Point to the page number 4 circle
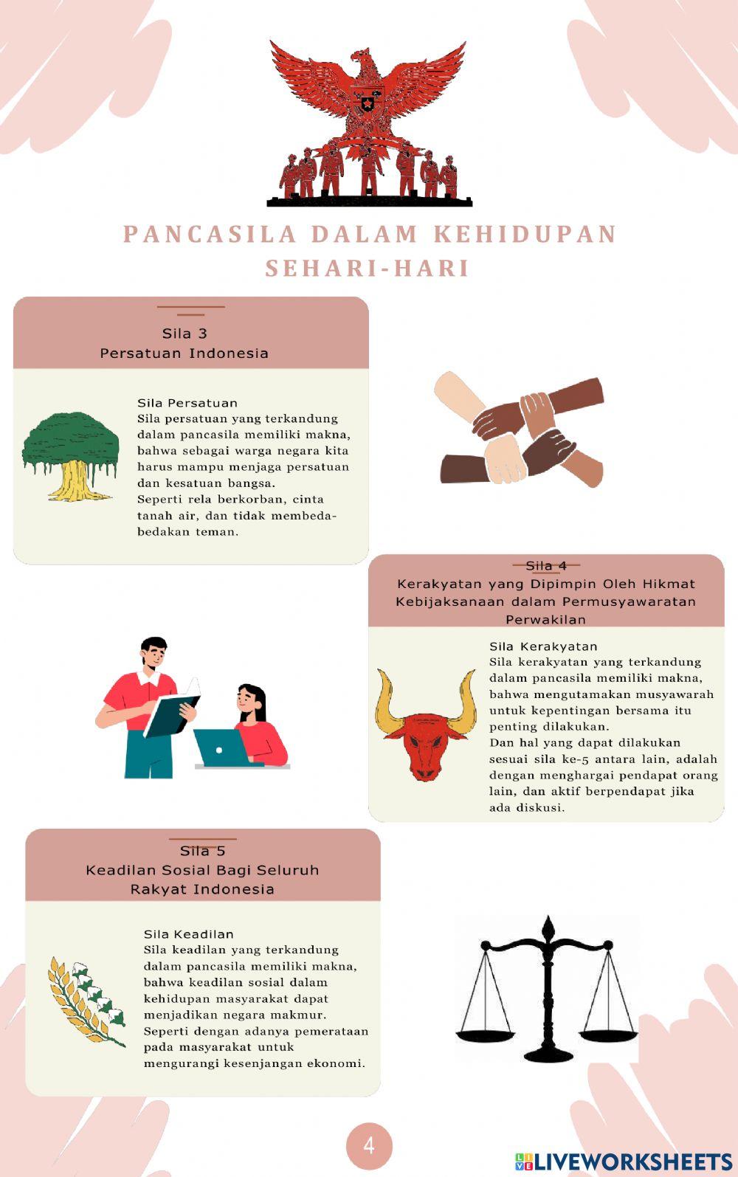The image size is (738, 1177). click(x=369, y=1146)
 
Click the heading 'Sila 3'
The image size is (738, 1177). click(x=184, y=334)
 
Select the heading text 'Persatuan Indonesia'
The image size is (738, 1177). click(x=184, y=353)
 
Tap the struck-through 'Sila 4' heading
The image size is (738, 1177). click(x=546, y=566)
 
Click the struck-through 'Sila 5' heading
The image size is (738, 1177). click(x=203, y=851)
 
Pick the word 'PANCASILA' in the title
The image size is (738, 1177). click(x=210, y=234)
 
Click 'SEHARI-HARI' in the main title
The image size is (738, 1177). click(x=368, y=268)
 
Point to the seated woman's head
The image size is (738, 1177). click(x=251, y=700)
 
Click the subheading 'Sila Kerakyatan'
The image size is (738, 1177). click(x=543, y=646)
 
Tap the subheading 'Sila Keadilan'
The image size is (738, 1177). click(x=188, y=934)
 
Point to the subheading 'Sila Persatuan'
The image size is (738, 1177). click(x=187, y=403)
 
